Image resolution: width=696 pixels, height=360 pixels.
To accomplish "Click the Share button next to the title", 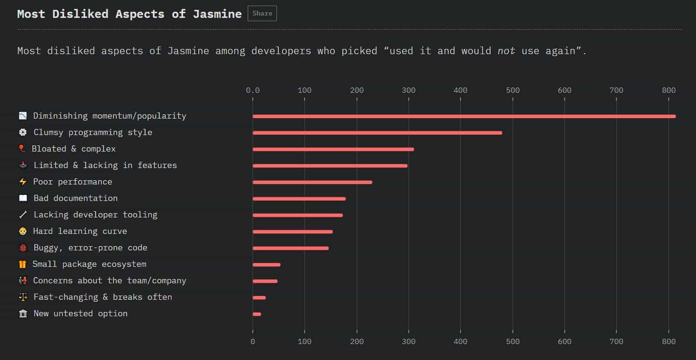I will click(262, 14).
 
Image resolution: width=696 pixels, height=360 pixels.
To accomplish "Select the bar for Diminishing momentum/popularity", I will click(464, 116).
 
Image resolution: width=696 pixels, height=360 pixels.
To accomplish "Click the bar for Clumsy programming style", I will click(377, 133).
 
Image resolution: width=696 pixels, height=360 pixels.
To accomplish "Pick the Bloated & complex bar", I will click(333, 149).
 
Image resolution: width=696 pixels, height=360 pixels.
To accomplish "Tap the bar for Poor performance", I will click(312, 182).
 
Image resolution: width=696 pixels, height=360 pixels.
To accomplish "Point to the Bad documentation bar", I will click(299, 199).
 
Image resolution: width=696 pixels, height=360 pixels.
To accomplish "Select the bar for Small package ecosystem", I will click(267, 264).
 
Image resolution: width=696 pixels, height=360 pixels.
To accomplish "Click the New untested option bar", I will click(257, 314).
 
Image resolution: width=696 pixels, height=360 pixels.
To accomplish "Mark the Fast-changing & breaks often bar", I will click(259, 297).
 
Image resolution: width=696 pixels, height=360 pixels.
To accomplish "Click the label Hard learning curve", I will click(80, 231).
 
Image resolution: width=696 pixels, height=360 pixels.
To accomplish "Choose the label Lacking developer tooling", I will click(95, 215).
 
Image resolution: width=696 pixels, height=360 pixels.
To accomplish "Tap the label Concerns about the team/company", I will click(109, 280).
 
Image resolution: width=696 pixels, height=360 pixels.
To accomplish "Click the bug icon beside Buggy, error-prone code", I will click(23, 248).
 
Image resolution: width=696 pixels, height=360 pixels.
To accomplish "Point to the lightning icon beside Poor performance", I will click(23, 182).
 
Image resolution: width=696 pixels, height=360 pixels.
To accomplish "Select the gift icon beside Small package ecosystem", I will click(23, 264).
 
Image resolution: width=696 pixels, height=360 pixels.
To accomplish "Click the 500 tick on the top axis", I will click(512, 90).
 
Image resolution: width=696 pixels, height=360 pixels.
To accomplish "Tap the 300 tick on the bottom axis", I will click(409, 342).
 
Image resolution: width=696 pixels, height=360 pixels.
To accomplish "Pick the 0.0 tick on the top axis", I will click(253, 90).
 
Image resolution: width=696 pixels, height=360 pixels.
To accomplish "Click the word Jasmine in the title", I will click(217, 14).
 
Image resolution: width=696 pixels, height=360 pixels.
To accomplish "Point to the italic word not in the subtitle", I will click(506, 50).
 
